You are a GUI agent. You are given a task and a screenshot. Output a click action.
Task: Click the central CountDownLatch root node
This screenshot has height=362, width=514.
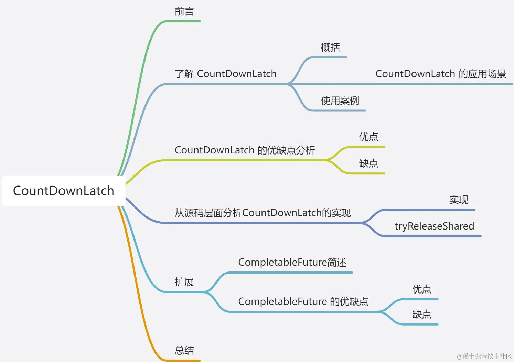tap(63, 191)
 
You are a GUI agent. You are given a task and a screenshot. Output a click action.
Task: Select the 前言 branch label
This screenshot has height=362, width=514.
tap(184, 12)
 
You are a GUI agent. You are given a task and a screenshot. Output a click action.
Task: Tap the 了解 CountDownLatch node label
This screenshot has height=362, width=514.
tap(225, 74)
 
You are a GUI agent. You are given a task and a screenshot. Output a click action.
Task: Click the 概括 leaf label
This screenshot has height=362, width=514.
tap(330, 47)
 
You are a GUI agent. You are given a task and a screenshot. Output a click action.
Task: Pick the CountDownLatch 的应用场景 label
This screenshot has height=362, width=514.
tap(440, 74)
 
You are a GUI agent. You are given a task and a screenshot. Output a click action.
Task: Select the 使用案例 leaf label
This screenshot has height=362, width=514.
tap(340, 101)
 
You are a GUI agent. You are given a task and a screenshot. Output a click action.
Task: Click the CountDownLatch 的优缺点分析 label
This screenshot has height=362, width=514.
tap(245, 150)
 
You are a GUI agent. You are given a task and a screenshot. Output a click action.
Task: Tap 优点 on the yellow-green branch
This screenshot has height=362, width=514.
tap(368, 137)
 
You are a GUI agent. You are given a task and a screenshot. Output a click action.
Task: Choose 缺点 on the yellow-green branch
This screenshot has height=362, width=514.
tap(368, 163)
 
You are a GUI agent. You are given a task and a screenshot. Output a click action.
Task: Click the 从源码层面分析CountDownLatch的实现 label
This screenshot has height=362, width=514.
tap(263, 213)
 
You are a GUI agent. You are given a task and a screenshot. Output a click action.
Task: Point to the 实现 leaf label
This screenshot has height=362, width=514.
tap(459, 200)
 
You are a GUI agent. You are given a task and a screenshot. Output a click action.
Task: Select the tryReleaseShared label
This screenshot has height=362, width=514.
tap(434, 226)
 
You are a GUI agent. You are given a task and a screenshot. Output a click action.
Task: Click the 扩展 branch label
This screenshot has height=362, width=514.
tap(184, 282)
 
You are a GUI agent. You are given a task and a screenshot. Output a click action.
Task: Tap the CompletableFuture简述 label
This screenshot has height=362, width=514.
tap(292, 263)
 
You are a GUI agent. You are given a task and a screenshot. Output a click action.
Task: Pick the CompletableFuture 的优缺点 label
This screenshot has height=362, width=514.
tap(303, 302)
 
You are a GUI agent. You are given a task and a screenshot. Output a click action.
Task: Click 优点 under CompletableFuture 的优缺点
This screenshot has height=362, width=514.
tap(422, 289)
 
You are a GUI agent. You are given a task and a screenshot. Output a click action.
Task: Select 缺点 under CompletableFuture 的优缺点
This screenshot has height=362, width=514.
tap(422, 315)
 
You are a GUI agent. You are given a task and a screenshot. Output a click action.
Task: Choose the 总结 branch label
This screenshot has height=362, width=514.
tap(184, 351)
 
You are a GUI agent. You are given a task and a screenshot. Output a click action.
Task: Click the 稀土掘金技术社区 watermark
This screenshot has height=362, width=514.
tap(484, 356)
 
